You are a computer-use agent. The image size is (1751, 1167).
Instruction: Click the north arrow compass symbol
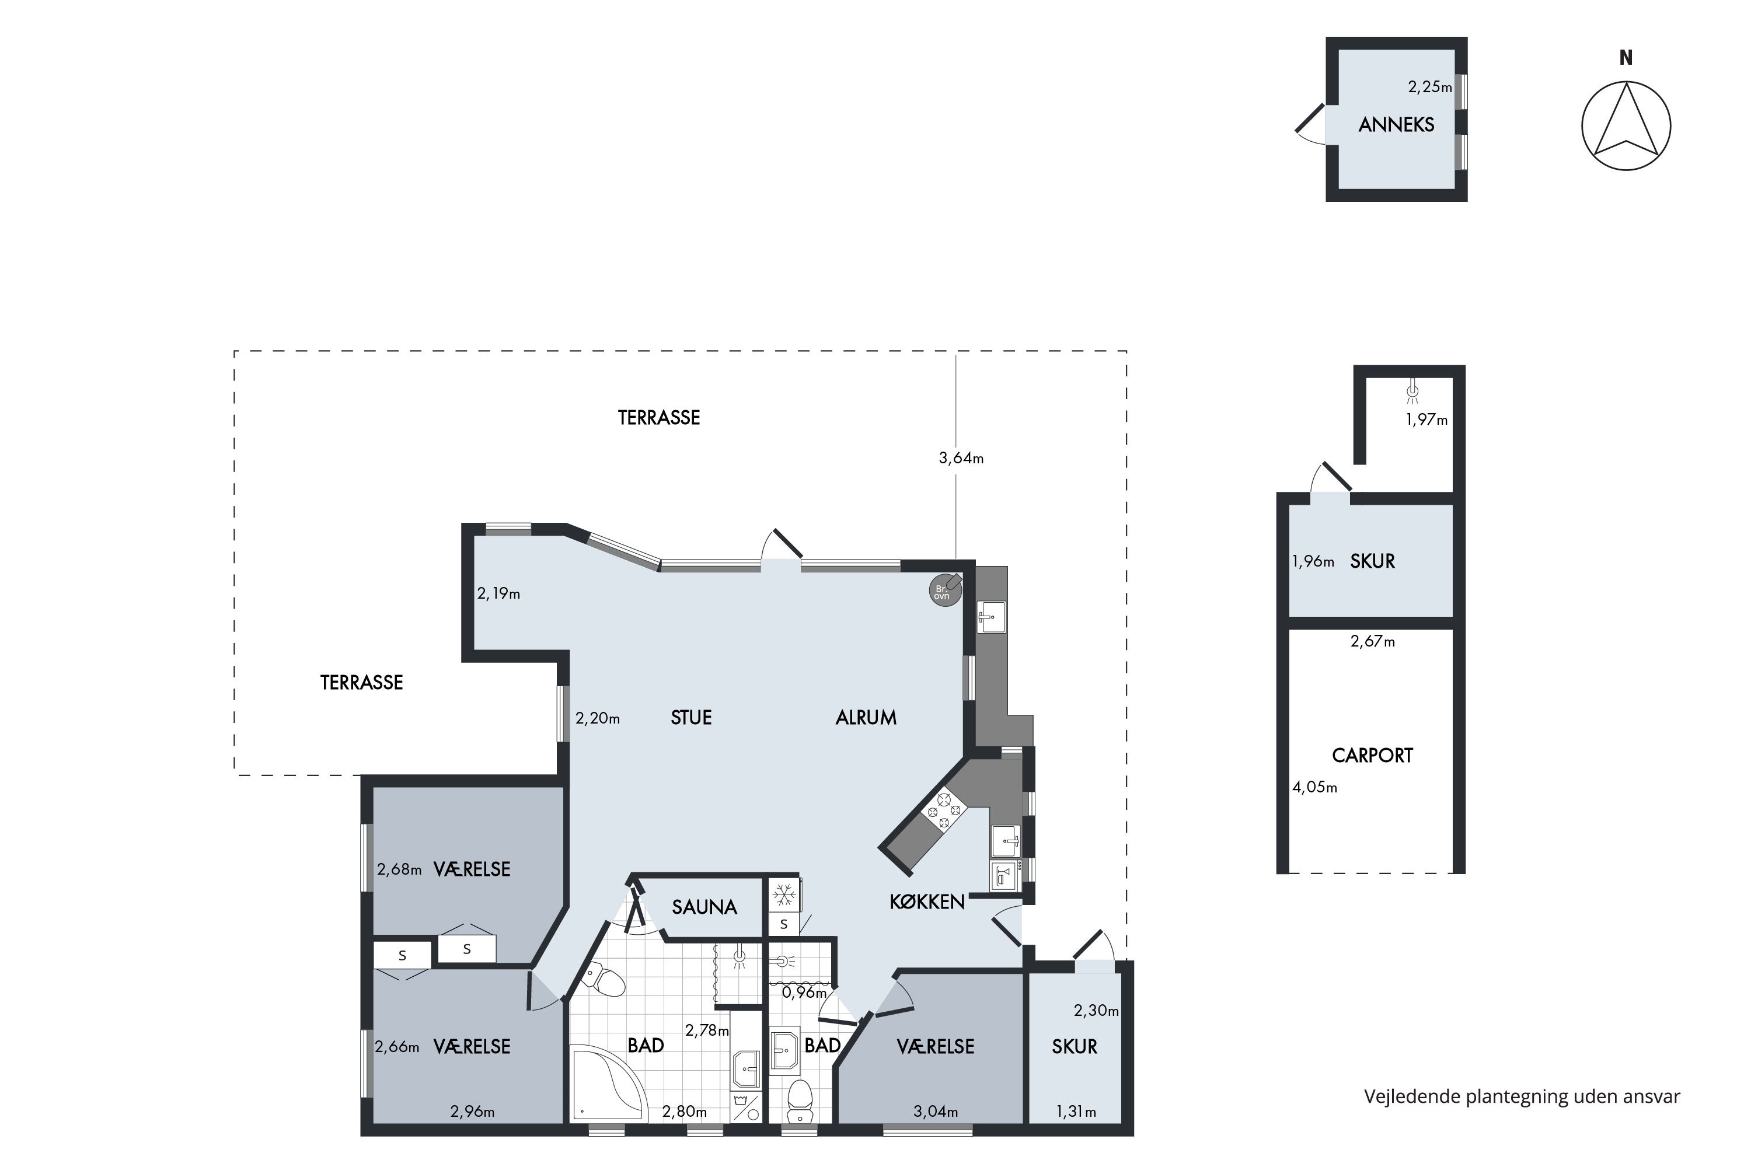point(1626,126)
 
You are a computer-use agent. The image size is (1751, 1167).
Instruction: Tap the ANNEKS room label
point(1396,125)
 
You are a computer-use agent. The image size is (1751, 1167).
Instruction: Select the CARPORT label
point(1372,756)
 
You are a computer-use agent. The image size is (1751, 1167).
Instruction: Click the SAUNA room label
point(704,907)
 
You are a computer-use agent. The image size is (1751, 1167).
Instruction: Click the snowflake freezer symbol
point(783,895)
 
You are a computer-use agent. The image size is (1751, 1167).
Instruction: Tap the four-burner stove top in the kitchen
point(944,811)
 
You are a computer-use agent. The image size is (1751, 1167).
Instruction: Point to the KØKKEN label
point(927,902)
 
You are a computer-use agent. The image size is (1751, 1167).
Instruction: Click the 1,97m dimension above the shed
point(1426,420)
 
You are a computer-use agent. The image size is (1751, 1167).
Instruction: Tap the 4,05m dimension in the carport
point(1315,787)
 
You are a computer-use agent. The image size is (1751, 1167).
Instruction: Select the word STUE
point(691,718)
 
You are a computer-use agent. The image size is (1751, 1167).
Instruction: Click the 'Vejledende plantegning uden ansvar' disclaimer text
point(1522,1096)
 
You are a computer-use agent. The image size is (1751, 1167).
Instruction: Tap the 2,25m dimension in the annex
point(1430,87)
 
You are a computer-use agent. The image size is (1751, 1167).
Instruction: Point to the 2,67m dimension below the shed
point(1373,641)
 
